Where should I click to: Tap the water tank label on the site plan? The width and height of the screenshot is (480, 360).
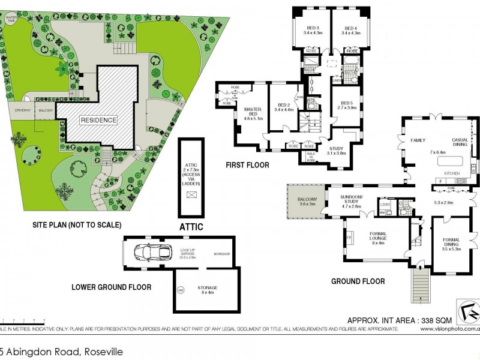click(x=11, y=19)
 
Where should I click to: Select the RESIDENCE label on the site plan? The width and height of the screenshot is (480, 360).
click(x=99, y=120)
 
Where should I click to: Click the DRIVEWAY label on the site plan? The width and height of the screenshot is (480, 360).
click(x=23, y=110)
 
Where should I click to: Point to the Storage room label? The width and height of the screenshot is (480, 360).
click(x=207, y=290)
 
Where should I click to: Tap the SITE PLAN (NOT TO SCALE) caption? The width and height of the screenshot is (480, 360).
click(x=77, y=225)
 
